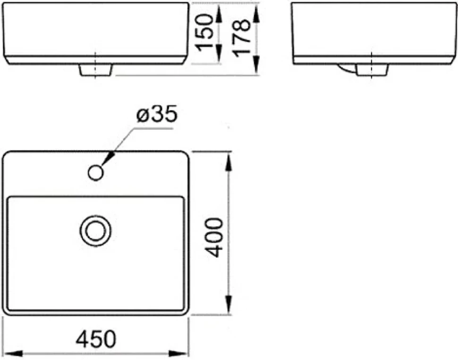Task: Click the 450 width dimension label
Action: coord(96,339)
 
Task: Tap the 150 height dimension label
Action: coord(205,33)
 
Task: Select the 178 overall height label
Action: coord(241,38)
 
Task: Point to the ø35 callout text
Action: coord(157,114)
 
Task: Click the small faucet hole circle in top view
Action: coord(96,173)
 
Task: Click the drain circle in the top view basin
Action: coord(95,231)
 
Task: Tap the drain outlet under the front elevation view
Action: coord(95,70)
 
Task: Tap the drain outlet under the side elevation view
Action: coord(372,70)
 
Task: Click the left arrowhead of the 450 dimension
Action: coord(13,353)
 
